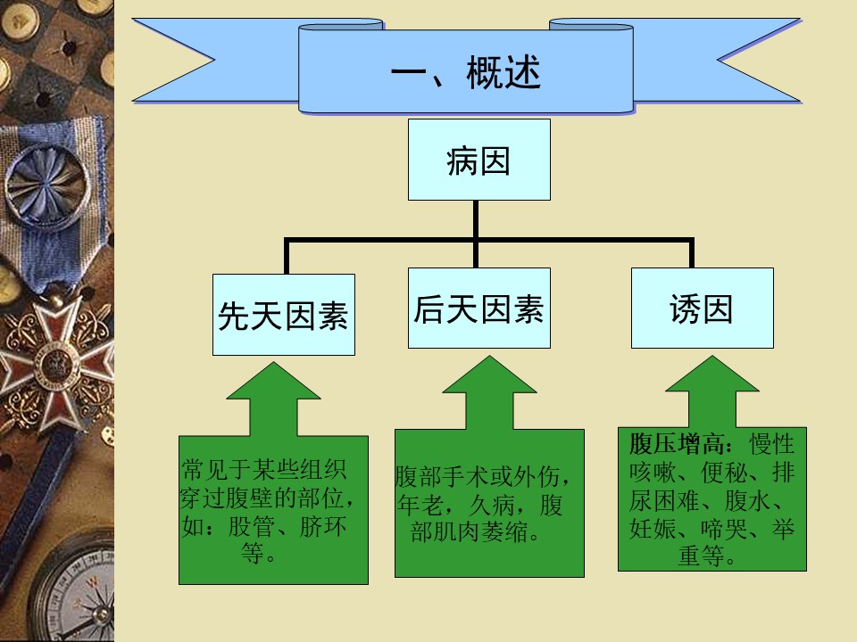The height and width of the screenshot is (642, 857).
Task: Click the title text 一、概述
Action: (x=466, y=71)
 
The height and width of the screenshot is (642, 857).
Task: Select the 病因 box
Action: (x=478, y=160)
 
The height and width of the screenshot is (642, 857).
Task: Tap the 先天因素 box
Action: (x=284, y=315)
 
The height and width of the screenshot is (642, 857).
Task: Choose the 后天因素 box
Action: (x=478, y=308)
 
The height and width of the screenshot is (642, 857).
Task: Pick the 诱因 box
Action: (x=703, y=308)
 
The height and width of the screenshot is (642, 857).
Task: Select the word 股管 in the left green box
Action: (x=251, y=526)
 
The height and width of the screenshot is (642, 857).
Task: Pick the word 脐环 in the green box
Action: (x=323, y=526)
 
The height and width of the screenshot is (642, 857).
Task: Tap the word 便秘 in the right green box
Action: (x=724, y=473)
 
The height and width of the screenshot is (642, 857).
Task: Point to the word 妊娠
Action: (x=652, y=529)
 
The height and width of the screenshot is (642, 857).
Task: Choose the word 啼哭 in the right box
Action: (x=724, y=529)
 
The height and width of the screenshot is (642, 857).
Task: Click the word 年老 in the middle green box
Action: (x=420, y=505)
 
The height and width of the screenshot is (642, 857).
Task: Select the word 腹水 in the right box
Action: (x=748, y=500)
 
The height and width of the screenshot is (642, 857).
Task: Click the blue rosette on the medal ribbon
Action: (x=47, y=185)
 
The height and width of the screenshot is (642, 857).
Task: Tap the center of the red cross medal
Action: (x=54, y=363)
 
